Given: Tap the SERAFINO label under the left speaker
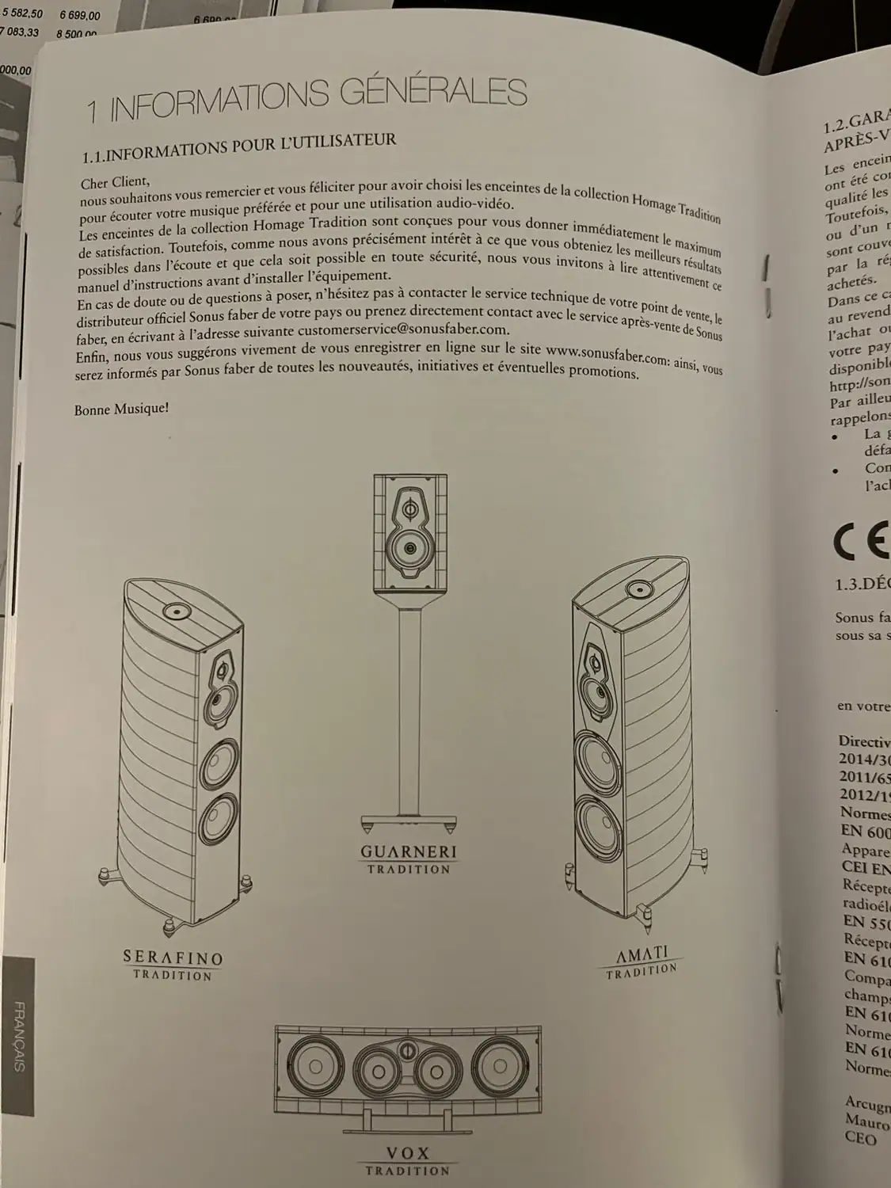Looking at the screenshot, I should point(173,958).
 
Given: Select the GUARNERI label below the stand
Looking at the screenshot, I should point(409,852).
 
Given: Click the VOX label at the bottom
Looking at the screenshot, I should point(408,1152).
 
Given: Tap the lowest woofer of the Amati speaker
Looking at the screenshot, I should point(596,821).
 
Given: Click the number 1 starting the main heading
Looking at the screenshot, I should point(93,111).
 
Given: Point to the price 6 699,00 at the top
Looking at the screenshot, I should point(78,14).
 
